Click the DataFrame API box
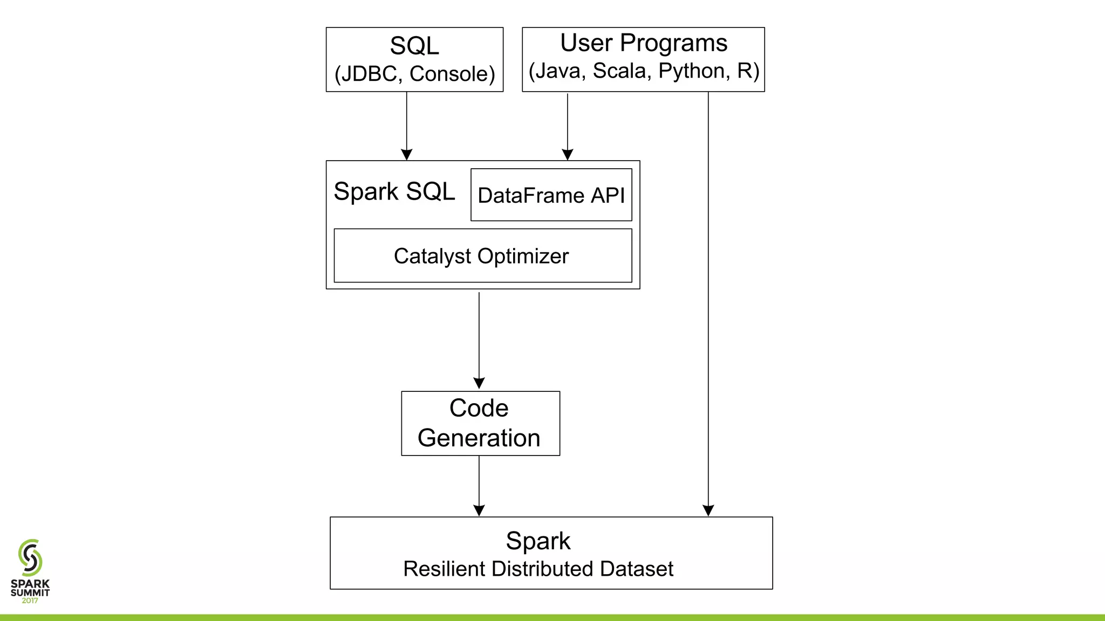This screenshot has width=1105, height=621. pyautogui.click(x=551, y=195)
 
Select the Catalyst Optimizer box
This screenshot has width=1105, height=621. pyautogui.click(x=482, y=256)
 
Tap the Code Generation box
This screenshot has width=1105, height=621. pyautogui.click(x=480, y=423)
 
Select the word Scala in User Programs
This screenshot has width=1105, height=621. pyautogui.click(x=619, y=71)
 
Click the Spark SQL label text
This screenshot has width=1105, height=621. pyautogui.click(x=394, y=191)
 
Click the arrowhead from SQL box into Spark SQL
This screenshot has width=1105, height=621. pyautogui.click(x=407, y=155)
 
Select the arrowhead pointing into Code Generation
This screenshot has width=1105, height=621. pyautogui.click(x=479, y=383)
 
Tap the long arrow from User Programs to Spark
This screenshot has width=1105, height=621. pyautogui.click(x=708, y=302)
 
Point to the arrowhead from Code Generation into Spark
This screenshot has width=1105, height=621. pyautogui.click(x=479, y=510)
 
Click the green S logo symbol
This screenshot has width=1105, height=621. pyautogui.click(x=30, y=557)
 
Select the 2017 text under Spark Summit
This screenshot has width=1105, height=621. pyautogui.click(x=30, y=601)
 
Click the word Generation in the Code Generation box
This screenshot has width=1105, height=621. pyautogui.click(x=479, y=438)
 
